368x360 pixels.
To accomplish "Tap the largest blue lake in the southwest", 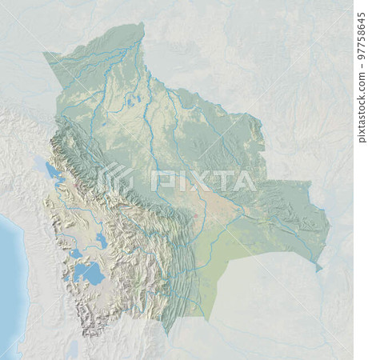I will tap(89, 274).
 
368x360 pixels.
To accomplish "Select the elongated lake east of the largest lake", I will tap(102, 240).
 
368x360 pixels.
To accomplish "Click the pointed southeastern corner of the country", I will tap(319, 269).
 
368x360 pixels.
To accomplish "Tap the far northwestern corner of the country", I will tap(44, 54).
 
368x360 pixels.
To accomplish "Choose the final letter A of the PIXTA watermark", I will tap(244, 180).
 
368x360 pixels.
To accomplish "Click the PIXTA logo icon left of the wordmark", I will tap(119, 178).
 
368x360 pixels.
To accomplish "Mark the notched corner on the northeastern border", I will tap(261, 120).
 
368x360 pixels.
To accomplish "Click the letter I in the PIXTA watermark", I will tap(177, 180).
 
